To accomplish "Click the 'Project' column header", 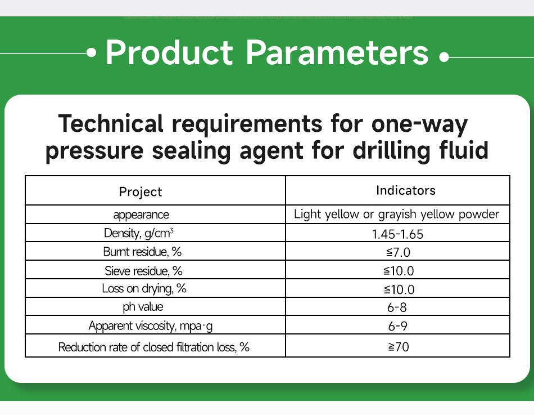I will (141, 191).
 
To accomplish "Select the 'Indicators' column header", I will (405, 190).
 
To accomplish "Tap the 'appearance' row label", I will (141, 215).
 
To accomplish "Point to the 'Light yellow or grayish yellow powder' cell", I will (397, 215).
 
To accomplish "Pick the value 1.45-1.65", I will (398, 233).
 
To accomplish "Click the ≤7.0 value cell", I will (398, 252).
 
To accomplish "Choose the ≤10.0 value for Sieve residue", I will (398, 271).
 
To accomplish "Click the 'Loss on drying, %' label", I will (144, 289).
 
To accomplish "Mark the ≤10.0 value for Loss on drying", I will (398, 289).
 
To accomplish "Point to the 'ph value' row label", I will (143, 307).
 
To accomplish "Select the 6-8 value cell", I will (398, 307).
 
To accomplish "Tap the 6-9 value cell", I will (398, 326).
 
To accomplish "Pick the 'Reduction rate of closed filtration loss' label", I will (153, 347).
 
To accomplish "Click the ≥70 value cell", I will (398, 347).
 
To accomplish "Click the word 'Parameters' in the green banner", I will (337, 52).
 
